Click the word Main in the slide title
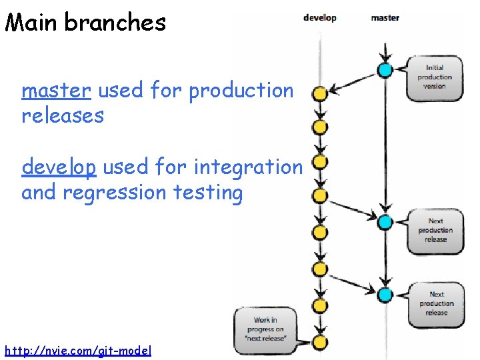[x=33, y=22]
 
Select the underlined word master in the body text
[x=56, y=90]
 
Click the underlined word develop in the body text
[x=59, y=167]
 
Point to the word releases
[x=63, y=115]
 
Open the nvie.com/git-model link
[x=78, y=350]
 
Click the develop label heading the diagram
[x=320, y=18]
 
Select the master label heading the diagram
[x=385, y=18]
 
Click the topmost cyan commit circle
[x=385, y=69]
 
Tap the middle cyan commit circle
[x=385, y=222]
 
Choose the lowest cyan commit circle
[x=385, y=294]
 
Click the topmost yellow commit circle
[x=320, y=94]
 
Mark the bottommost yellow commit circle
[x=320, y=343]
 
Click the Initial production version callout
[x=435, y=77]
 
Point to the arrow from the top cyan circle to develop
[x=353, y=81]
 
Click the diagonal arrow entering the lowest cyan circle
[x=353, y=283]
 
